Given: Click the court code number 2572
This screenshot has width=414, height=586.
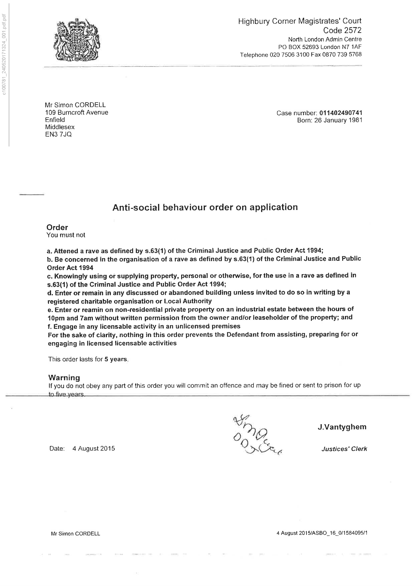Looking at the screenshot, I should pyautogui.click(x=351, y=30).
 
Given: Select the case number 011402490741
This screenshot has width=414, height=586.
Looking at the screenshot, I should pyautogui.click(x=341, y=113).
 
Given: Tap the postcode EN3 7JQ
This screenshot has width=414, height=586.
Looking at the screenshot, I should pyautogui.click(x=58, y=134).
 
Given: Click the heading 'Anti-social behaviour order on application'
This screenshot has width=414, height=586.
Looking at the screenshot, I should pyautogui.click(x=205, y=207).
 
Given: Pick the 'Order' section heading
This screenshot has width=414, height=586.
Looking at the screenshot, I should pyautogui.click(x=57, y=227).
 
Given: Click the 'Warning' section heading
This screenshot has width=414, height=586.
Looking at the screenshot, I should pyautogui.click(x=64, y=378).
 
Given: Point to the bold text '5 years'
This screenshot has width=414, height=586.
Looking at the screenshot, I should pyautogui.click(x=116, y=359).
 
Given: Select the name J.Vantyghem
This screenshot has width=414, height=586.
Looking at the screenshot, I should pyautogui.click(x=342, y=427).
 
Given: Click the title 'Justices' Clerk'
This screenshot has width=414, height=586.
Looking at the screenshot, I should pyautogui.click(x=344, y=449).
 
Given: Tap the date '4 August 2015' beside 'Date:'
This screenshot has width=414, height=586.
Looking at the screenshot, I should pyautogui.click(x=93, y=449).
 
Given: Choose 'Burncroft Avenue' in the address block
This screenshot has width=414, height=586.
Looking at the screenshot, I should pyautogui.click(x=83, y=113).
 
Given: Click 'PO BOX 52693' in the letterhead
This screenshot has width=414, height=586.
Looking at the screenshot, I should pyautogui.click(x=299, y=47).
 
